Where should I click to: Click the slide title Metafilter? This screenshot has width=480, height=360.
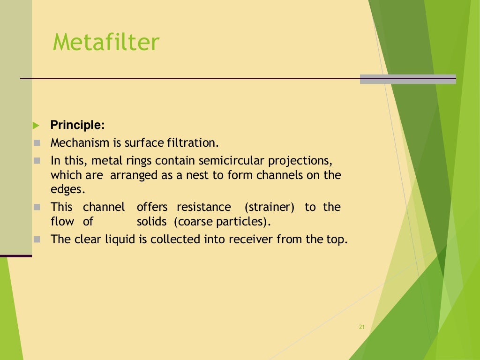106,43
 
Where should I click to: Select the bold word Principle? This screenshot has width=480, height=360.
78,125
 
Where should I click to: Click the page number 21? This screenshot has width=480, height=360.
361,327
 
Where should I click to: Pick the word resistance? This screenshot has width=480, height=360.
204,207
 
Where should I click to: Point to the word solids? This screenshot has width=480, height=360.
151,221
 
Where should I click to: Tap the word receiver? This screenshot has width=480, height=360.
251,239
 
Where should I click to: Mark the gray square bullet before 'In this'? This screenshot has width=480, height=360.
37,161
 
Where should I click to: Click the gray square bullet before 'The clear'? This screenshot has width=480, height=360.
37,239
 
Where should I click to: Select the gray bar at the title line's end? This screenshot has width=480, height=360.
407,79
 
